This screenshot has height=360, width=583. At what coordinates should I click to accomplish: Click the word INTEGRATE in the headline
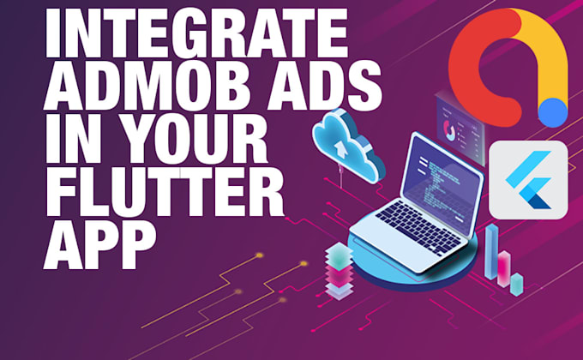[x=192, y=37]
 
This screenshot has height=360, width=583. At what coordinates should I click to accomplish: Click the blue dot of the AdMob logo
[x=554, y=110]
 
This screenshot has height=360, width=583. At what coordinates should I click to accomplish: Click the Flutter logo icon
[x=527, y=181]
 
